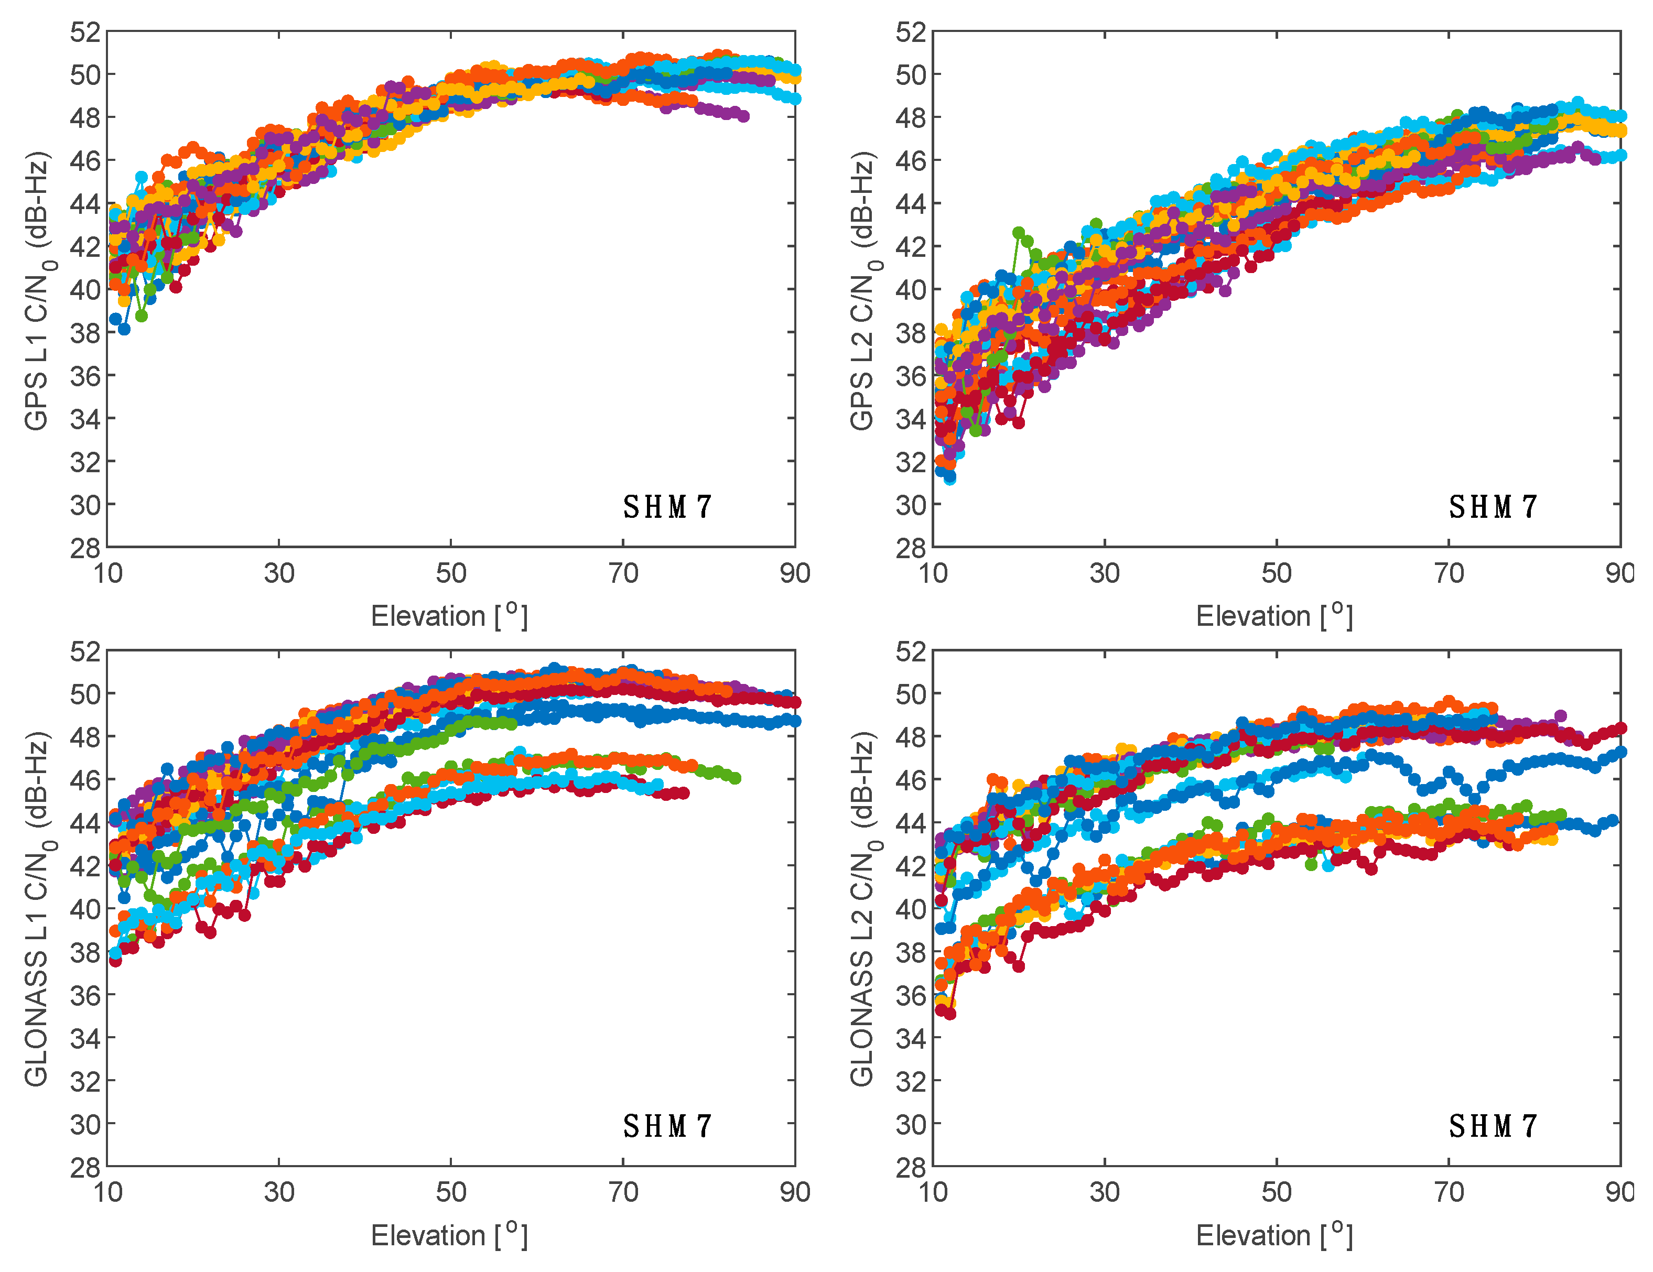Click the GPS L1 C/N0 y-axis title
[x=36, y=291]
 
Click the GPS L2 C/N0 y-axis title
[x=862, y=291]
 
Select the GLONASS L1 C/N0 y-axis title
[x=36, y=909]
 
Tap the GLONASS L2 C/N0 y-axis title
[x=862, y=909]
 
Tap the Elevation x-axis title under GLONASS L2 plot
[x=1274, y=1235]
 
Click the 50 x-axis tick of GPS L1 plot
[x=450, y=573]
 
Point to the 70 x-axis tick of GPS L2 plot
[x=1448, y=573]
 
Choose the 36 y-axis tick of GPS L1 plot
[x=85, y=375]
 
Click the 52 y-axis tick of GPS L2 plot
[x=911, y=32]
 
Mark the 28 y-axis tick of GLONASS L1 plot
[x=85, y=1167]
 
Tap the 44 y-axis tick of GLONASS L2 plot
[x=911, y=822]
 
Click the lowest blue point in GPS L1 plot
[x=124, y=329]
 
